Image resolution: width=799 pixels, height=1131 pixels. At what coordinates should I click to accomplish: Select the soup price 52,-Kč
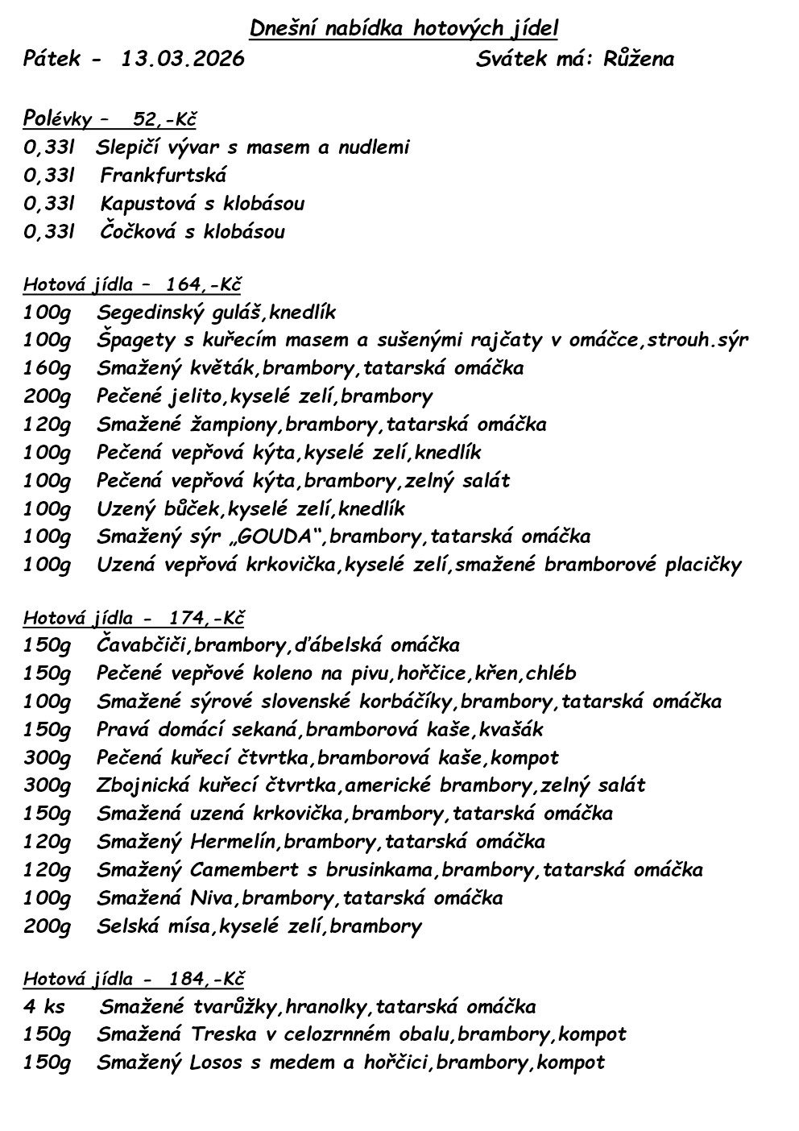coord(164,120)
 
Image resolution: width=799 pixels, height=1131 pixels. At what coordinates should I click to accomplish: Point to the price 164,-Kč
coord(204,284)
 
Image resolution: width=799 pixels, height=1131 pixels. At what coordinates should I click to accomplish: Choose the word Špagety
coord(132,340)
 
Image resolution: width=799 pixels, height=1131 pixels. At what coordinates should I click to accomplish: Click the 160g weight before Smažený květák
coord(47,368)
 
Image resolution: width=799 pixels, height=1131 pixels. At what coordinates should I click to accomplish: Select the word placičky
coord(702,565)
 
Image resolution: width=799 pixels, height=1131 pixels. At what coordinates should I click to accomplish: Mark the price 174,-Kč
coord(206,618)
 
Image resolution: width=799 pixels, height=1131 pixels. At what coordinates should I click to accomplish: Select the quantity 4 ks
coord(43,1007)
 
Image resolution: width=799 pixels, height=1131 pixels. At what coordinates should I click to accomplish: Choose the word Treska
coord(224,1034)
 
